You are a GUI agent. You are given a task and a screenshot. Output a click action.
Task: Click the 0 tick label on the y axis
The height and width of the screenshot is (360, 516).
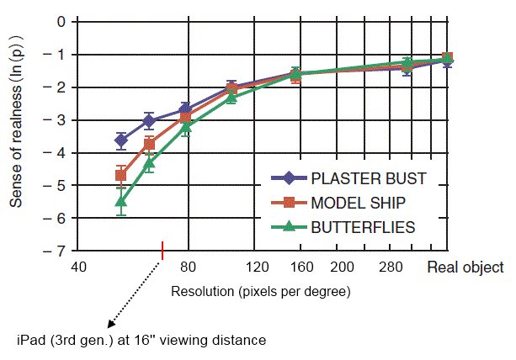tap(61, 21)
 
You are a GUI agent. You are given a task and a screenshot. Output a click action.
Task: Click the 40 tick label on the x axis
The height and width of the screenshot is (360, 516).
tap(78, 268)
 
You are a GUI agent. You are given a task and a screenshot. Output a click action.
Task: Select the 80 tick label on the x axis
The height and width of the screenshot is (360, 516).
tap(188, 268)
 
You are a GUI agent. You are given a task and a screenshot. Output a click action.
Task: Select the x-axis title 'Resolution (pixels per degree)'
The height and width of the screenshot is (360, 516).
tap(261, 291)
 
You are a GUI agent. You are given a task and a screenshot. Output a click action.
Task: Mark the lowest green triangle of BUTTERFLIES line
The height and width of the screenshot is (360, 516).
tap(121, 200)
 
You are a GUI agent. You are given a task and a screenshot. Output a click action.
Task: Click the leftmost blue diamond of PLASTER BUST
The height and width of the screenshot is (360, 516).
tap(121, 140)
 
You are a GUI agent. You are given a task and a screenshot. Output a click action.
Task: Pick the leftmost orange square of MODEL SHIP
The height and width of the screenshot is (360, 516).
tap(121, 175)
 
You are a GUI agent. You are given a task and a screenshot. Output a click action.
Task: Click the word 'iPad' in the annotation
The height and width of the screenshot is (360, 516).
tap(31, 341)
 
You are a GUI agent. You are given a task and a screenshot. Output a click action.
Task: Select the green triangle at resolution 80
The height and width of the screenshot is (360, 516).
tap(187, 127)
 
